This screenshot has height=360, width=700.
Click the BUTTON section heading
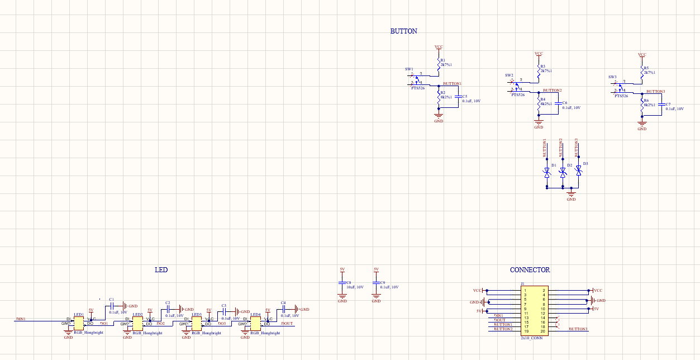pyautogui.click(x=403, y=31)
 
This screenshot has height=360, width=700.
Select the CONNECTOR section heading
pyautogui.click(x=530, y=270)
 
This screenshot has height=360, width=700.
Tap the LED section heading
pyautogui.click(x=161, y=270)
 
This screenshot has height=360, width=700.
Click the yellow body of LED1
pyautogui.click(x=78, y=321)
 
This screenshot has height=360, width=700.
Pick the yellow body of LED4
pyautogui.click(x=255, y=321)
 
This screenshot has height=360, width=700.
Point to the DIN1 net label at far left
pyautogui.click(x=21, y=319)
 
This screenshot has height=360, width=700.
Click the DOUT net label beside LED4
pyautogui.click(x=287, y=324)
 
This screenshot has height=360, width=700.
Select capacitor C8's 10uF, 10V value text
pyautogui.click(x=355, y=287)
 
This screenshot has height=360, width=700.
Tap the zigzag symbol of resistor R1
pyautogui.click(x=439, y=64)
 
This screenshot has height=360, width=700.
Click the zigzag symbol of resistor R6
pyautogui.click(x=642, y=105)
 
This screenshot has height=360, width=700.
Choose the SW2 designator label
pyautogui.click(x=509, y=75)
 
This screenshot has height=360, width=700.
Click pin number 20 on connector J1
pyautogui.click(x=542, y=331)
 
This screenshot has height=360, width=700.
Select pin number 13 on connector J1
pyautogui.click(x=526, y=318)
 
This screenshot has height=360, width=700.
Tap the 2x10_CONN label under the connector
pyautogui.click(x=531, y=338)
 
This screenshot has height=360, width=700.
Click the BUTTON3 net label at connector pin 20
pyautogui.click(x=578, y=329)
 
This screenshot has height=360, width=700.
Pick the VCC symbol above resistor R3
pyautogui.click(x=539, y=54)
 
